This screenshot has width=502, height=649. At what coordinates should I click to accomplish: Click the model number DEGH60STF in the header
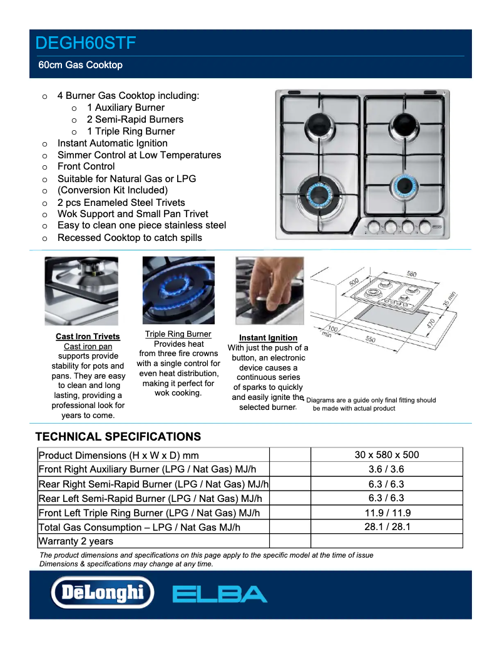click(86, 43)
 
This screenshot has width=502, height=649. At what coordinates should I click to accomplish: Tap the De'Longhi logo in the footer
click(102, 593)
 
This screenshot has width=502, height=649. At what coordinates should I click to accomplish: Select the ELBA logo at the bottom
click(219, 594)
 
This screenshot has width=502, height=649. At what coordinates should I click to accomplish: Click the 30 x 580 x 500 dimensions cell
click(386, 455)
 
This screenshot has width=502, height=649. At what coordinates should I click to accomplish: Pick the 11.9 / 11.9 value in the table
click(386, 513)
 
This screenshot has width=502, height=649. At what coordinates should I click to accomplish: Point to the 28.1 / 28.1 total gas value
click(386, 527)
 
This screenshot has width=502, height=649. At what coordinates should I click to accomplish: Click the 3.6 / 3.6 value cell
click(386, 469)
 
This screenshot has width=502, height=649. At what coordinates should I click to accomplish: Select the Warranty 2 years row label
click(76, 541)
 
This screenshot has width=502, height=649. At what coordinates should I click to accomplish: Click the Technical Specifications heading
click(118, 437)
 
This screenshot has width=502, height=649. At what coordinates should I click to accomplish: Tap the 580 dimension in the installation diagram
click(411, 274)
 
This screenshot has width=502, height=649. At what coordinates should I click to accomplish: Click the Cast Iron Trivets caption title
click(88, 337)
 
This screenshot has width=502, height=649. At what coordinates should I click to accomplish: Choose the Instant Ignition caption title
click(268, 338)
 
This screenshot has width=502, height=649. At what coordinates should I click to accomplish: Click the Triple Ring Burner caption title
click(178, 334)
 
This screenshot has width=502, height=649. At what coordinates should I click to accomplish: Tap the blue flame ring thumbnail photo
click(178, 290)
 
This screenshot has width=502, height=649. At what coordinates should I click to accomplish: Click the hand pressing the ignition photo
click(269, 290)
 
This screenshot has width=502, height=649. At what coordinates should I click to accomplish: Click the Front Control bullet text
click(86, 166)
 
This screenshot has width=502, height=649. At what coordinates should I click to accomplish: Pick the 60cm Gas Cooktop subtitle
click(80, 65)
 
